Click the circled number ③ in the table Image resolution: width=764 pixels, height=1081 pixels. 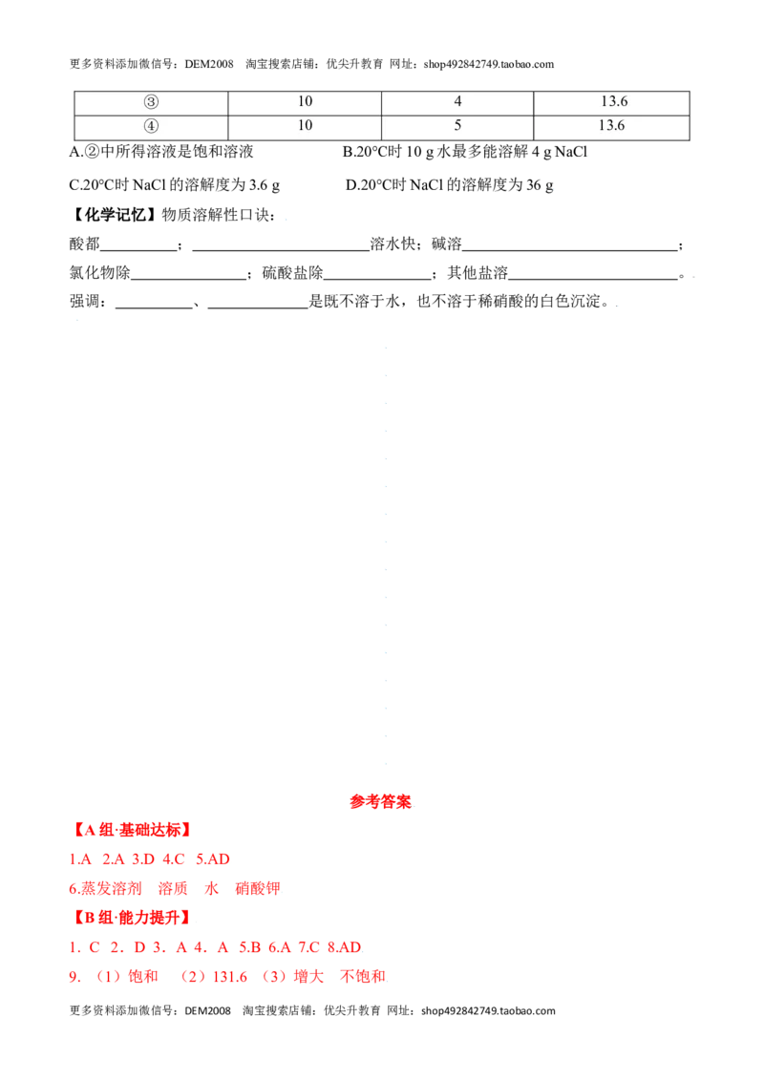151,102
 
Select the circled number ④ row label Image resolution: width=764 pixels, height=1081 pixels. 151,126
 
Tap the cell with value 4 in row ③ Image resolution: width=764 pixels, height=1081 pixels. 457,101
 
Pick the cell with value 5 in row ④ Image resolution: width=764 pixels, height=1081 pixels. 457,125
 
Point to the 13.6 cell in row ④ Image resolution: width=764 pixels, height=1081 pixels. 611,125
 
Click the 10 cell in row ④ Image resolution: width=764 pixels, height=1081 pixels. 305,125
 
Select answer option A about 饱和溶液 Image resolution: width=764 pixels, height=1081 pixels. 161,152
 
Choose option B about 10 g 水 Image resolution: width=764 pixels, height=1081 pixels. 465,152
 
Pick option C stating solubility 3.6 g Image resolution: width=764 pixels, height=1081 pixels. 175,184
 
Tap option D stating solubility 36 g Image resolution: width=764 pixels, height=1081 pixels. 450,184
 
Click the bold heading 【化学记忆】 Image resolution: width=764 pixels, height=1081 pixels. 113,215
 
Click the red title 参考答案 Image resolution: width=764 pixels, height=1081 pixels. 381,802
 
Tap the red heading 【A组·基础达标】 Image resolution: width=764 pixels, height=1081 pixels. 131,830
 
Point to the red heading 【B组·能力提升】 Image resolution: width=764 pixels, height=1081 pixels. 131,918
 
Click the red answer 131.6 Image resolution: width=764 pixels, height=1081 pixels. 230,977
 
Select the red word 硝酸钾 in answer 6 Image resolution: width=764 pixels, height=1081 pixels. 258,889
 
